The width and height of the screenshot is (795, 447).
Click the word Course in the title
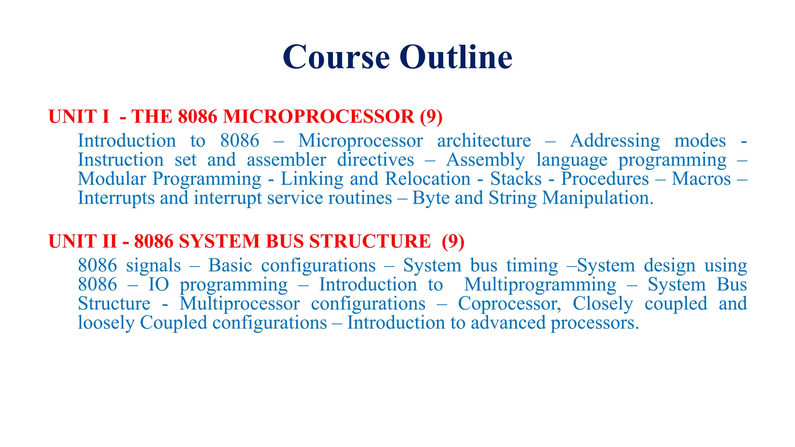(x=336, y=57)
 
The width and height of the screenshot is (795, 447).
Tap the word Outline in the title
(x=456, y=57)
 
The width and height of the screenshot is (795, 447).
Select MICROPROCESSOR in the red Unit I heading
(x=319, y=116)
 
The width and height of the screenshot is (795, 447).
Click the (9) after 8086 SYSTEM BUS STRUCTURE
(x=453, y=241)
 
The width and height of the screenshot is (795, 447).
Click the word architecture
(x=484, y=140)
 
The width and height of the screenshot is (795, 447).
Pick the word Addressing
(x=614, y=140)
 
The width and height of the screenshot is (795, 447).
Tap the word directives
(x=375, y=160)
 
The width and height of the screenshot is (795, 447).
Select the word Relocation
(x=428, y=179)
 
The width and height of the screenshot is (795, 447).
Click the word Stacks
(x=516, y=179)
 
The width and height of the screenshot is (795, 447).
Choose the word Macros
(x=701, y=179)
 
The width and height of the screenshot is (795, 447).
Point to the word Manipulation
(x=598, y=198)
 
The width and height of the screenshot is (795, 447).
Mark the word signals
(x=153, y=265)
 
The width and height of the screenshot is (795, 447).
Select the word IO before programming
(x=159, y=284)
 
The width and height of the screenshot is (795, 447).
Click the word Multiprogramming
(x=540, y=284)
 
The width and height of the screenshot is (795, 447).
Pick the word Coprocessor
(x=509, y=303)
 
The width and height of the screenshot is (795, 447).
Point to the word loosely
(x=106, y=323)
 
